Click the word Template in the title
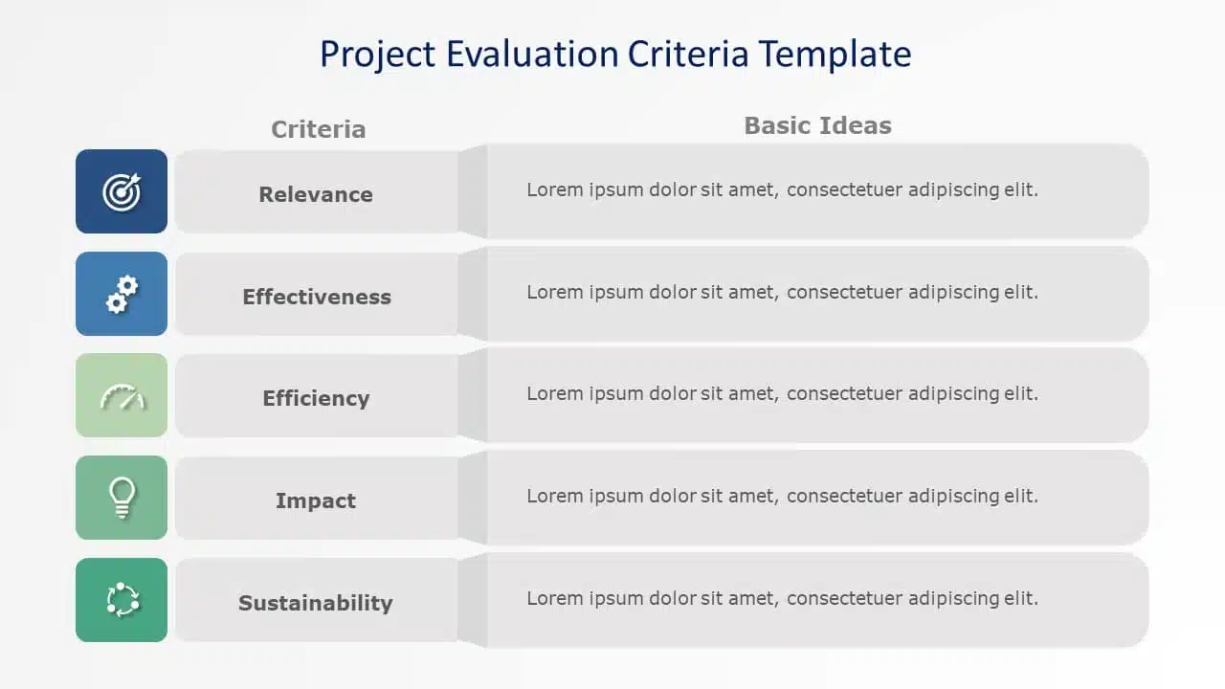point(835,55)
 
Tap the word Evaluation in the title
point(532,55)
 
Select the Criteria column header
point(319,129)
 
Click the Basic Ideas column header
point(817,125)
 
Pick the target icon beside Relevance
point(122,192)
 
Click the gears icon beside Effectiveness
point(122,294)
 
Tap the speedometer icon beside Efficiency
point(122,396)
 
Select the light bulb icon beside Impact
point(122,498)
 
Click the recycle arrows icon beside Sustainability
point(122,600)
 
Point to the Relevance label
point(316,194)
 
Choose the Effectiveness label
point(317,297)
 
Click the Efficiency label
point(316,399)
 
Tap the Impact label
point(316,500)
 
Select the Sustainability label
point(316,603)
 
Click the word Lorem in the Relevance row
point(555,189)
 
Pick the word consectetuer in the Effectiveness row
point(844,292)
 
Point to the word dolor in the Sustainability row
point(673,598)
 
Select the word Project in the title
point(377,56)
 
